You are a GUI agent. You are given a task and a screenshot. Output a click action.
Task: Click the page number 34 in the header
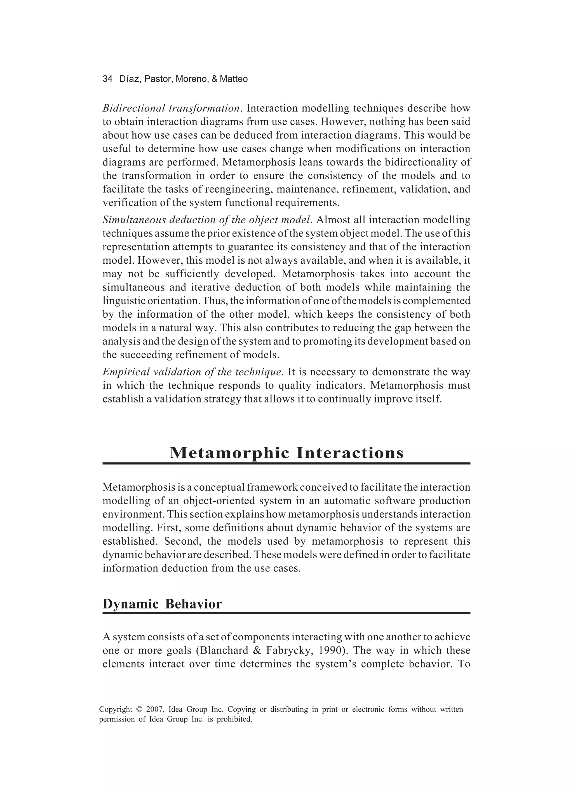(x=107, y=79)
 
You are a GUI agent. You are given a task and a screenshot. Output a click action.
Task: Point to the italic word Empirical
(x=126, y=372)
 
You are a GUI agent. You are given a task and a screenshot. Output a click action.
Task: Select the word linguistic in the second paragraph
(x=124, y=301)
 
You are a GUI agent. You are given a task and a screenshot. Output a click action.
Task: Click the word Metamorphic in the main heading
(x=230, y=453)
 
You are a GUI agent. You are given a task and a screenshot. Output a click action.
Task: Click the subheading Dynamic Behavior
(x=162, y=604)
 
